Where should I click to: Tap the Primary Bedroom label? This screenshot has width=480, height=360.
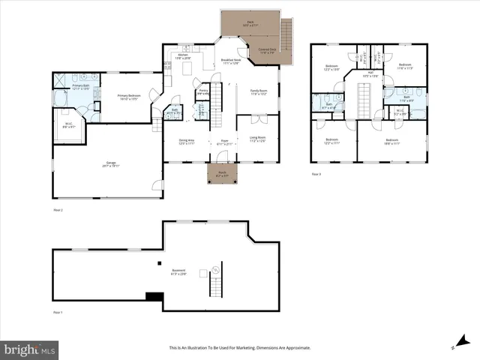point(130,97)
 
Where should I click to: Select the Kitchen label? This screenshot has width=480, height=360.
point(183,56)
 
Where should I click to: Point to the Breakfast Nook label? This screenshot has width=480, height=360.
point(232,61)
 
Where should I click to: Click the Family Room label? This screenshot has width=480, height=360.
point(259,92)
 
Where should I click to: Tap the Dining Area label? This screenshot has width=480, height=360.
point(187,142)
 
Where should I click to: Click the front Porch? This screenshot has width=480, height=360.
point(222,174)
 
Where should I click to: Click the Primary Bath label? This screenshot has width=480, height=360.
point(81,87)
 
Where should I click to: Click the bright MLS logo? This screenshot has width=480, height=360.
point(30,349)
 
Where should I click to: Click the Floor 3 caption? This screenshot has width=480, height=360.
point(316,174)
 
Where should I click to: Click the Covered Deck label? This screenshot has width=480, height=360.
point(268,51)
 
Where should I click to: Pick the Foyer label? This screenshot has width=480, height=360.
point(223,142)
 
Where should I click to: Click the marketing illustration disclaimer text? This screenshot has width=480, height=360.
point(239,348)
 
